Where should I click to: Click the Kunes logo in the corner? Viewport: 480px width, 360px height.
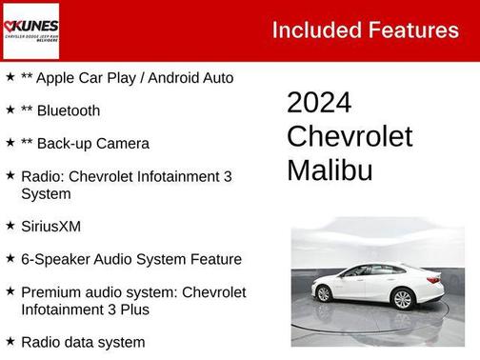click(x=30, y=30)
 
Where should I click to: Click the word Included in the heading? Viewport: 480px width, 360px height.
click(x=314, y=30)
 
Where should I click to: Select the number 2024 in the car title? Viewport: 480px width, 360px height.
click(x=319, y=103)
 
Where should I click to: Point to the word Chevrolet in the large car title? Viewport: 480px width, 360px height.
click(x=350, y=136)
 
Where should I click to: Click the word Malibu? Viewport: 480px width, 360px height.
click(x=330, y=170)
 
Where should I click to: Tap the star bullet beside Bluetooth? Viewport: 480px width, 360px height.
click(x=10, y=110)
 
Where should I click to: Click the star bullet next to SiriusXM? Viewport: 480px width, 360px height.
click(x=10, y=226)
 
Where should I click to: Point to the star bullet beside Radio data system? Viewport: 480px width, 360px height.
click(x=10, y=341)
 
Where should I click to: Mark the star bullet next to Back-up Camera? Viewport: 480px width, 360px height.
click(x=10, y=143)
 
